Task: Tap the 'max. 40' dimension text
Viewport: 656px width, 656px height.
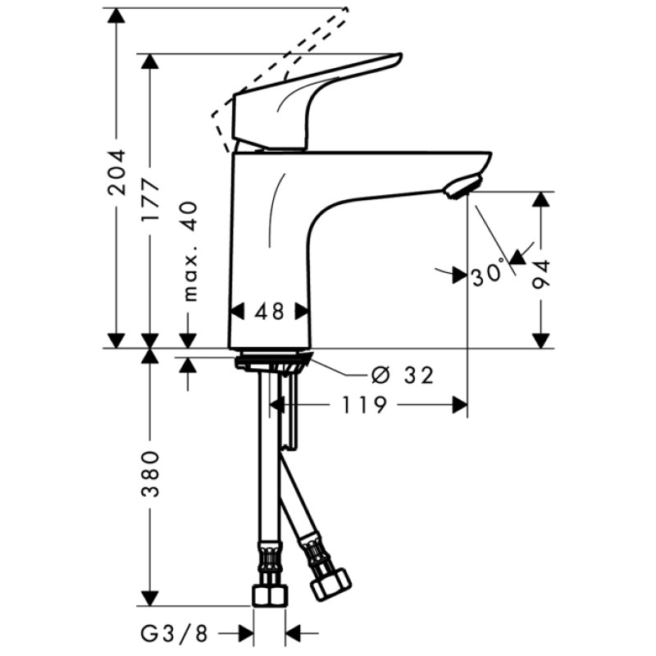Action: tap(189, 251)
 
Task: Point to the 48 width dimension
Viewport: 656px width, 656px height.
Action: tap(268, 312)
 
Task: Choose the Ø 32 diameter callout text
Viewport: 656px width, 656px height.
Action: tap(402, 376)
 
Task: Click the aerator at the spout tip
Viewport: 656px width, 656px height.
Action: tap(462, 187)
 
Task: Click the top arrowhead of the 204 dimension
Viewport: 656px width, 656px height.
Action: tap(117, 16)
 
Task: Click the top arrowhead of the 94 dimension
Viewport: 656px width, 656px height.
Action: tap(541, 200)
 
